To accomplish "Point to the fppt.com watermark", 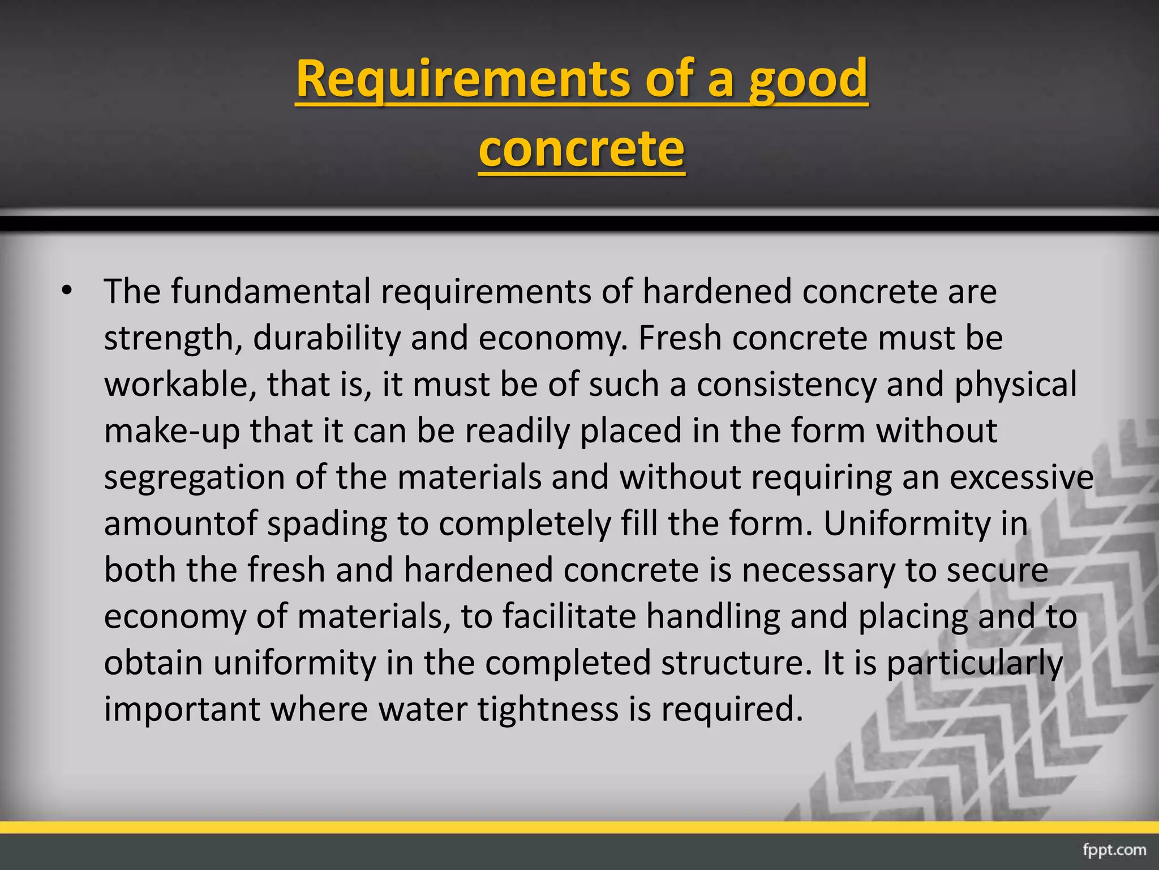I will (1114, 850).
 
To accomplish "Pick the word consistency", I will (786, 385).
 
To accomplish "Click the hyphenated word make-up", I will (172, 431).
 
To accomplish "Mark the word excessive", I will (1021, 477).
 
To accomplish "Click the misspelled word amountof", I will (181, 524).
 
